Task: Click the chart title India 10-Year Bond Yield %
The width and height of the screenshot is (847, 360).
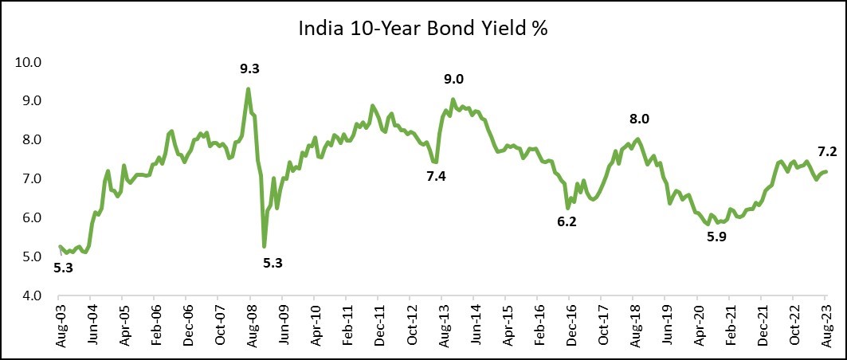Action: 423,29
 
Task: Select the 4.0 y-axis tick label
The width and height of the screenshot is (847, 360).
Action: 32,295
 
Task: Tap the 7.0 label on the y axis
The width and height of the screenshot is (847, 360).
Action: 32,179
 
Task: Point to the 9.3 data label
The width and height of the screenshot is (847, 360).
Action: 250,69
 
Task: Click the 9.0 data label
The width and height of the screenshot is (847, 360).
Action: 453,79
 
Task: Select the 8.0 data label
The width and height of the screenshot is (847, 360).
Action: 640,119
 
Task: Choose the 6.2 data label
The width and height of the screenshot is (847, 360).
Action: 567,222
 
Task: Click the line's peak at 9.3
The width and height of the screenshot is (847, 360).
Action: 249,88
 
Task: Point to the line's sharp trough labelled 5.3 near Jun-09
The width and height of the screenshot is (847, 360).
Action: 264,245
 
